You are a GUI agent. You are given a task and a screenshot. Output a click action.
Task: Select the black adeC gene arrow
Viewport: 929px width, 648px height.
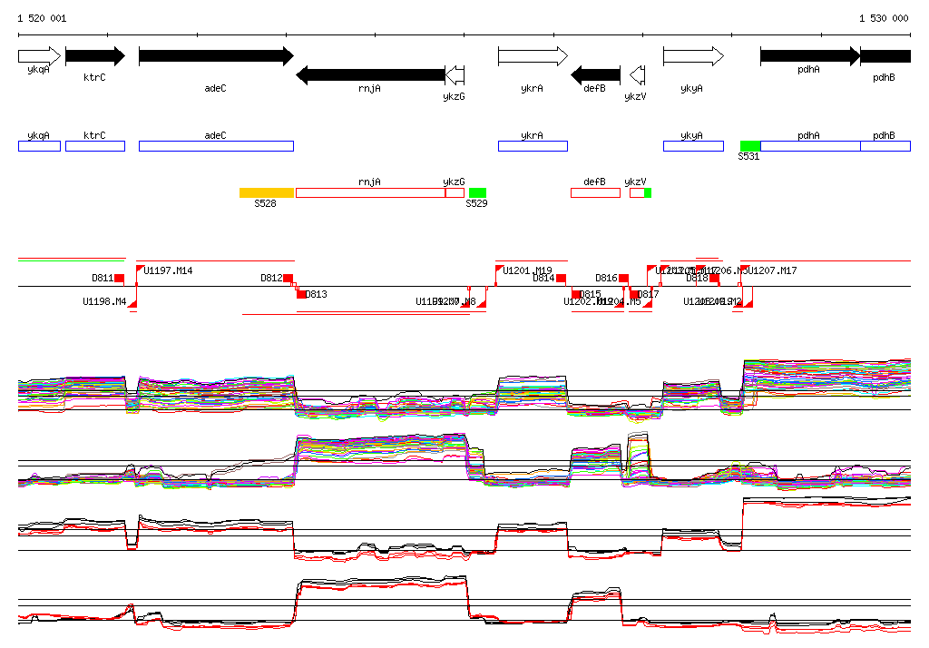coord(216,56)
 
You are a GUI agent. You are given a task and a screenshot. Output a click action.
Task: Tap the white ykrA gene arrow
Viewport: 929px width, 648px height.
coord(533,56)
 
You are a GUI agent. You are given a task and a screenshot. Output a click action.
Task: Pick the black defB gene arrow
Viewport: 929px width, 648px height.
coord(595,74)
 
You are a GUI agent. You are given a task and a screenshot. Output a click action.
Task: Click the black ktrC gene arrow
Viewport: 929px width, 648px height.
coord(94,56)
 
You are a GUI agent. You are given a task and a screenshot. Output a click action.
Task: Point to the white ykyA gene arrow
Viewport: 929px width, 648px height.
coord(693,56)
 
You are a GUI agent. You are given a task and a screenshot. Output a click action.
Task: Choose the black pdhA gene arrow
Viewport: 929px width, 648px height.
coord(809,56)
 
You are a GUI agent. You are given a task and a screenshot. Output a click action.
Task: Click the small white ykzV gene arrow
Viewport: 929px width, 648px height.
coord(637,74)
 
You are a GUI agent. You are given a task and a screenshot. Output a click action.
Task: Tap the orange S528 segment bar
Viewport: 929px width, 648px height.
coord(267,192)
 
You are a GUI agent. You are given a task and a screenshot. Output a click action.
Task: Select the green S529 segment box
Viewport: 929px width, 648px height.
coord(477,192)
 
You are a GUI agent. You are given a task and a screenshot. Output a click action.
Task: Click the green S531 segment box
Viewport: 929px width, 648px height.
coord(749,146)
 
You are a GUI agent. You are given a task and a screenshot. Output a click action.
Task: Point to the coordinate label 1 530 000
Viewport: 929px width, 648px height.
coord(883,18)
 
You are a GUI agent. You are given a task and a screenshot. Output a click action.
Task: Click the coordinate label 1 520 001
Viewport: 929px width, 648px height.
coord(42,18)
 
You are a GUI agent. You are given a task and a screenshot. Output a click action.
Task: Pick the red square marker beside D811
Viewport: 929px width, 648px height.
coord(119,279)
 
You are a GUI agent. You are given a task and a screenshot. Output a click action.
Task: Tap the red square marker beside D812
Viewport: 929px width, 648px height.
coord(288,279)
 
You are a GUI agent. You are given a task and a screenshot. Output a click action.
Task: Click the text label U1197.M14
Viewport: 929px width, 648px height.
coord(168,270)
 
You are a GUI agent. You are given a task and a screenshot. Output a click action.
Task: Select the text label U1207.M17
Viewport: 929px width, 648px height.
coord(773,270)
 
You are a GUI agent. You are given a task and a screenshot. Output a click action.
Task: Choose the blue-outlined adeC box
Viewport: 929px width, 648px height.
coord(216,146)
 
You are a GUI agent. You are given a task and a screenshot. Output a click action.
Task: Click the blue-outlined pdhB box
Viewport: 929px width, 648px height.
coord(885,146)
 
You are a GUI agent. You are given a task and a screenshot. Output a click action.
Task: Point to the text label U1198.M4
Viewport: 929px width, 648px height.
coord(104,301)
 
